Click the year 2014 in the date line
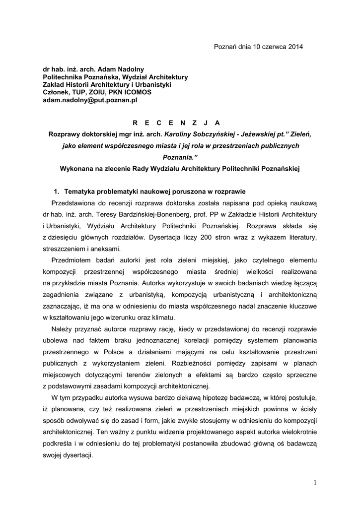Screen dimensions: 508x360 294,47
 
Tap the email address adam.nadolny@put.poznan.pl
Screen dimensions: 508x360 90,100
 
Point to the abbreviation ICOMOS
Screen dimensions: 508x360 135,92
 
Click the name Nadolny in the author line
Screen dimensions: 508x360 131,69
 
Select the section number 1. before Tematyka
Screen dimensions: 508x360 57,191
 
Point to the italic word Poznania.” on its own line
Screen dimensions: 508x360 179,157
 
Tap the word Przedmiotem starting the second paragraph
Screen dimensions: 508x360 75,260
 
